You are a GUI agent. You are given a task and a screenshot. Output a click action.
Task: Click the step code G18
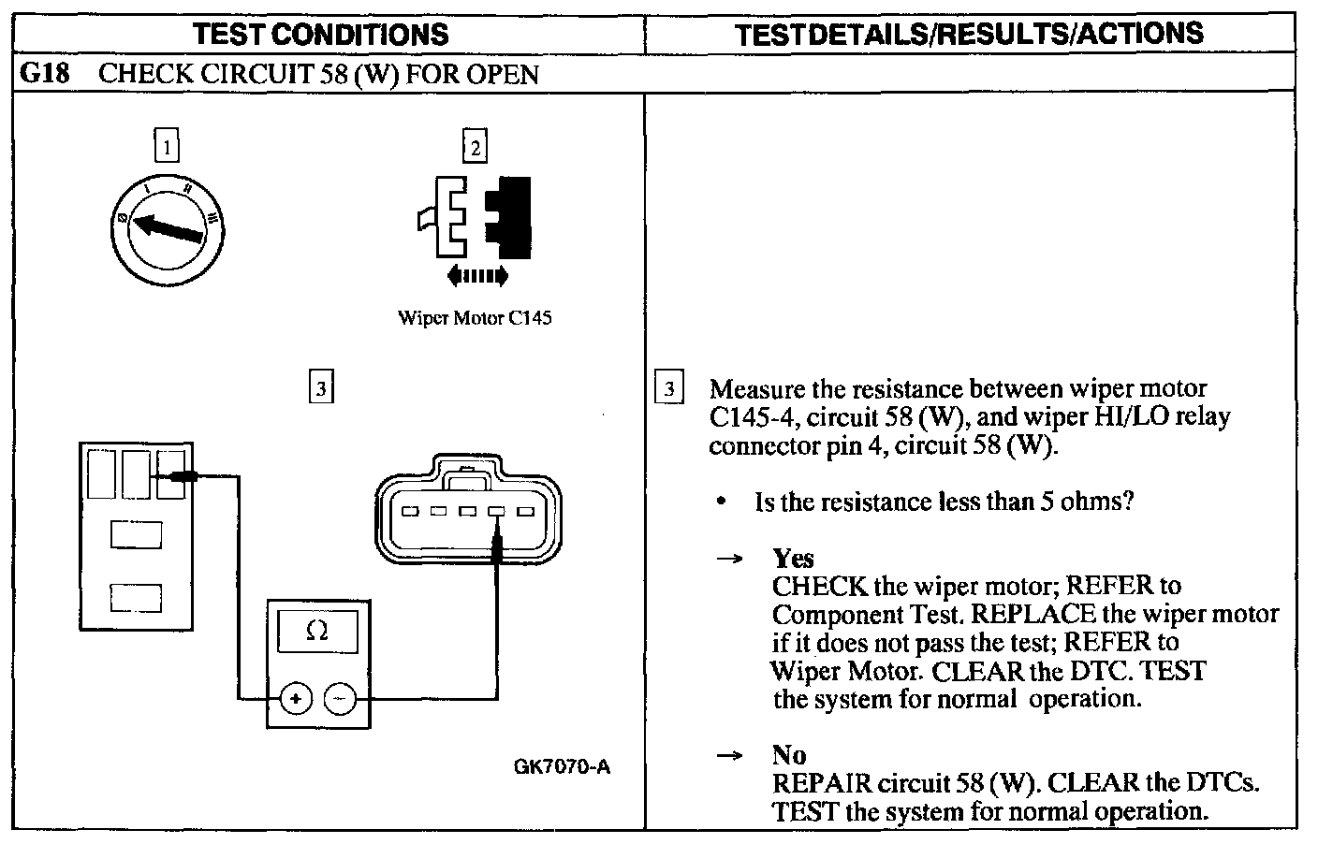(x=44, y=73)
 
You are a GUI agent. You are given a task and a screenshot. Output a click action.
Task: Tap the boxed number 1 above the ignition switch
(x=167, y=147)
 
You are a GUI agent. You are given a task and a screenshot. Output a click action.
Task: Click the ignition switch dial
(x=166, y=227)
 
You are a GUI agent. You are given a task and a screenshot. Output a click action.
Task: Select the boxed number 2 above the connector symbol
(x=476, y=147)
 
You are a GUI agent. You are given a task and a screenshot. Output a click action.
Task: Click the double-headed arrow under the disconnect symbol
(x=477, y=275)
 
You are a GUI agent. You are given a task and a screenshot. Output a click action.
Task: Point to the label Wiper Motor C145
(x=475, y=318)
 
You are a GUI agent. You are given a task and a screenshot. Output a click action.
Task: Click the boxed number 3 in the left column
(x=321, y=387)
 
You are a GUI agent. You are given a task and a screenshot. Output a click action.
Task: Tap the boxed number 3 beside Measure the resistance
(x=668, y=388)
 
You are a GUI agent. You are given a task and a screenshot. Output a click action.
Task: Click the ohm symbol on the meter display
(x=316, y=632)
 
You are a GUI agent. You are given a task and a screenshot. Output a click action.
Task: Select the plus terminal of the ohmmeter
(x=296, y=699)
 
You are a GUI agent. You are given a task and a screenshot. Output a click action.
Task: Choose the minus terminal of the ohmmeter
(x=340, y=699)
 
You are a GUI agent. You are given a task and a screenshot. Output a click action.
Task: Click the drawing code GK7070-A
(x=562, y=767)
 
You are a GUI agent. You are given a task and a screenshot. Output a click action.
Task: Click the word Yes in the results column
(x=793, y=559)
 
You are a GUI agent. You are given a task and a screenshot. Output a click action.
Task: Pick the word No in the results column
(x=788, y=754)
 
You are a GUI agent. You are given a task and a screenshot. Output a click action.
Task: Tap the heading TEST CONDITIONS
(x=320, y=35)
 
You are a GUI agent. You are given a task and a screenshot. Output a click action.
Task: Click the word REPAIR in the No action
(x=815, y=782)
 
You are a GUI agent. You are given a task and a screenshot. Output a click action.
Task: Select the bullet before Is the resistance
(x=721, y=502)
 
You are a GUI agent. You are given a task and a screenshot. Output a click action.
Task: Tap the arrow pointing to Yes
(x=728, y=560)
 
